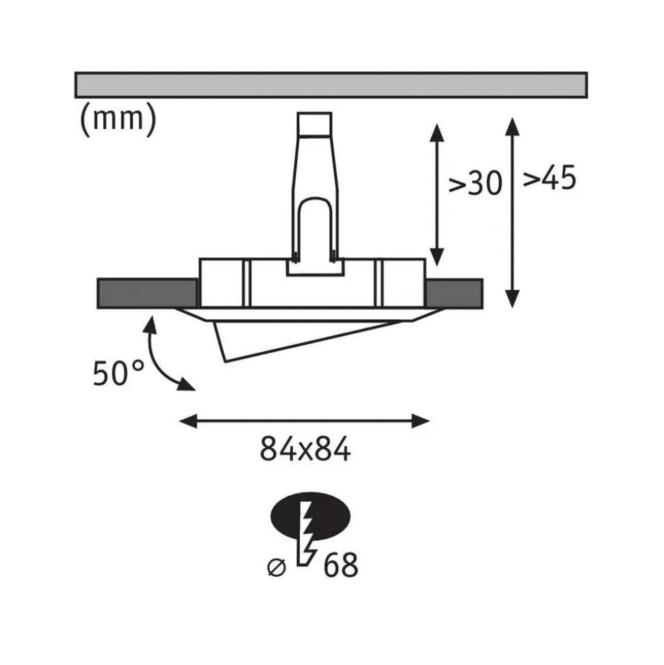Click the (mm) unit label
pyautogui.click(x=118, y=120)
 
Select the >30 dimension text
pyautogui.click(x=475, y=184)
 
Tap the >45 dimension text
pyautogui.click(x=550, y=177)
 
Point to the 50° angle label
pyautogui.click(x=118, y=373)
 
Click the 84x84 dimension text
pyautogui.click(x=305, y=449)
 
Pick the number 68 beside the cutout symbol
pyautogui.click(x=340, y=565)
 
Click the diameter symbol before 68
pyautogui.click(x=277, y=568)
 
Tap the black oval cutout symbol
pyautogui.click(x=310, y=516)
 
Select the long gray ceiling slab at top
pyautogui.click(x=331, y=85)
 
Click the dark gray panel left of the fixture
pyautogui.click(x=147, y=294)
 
